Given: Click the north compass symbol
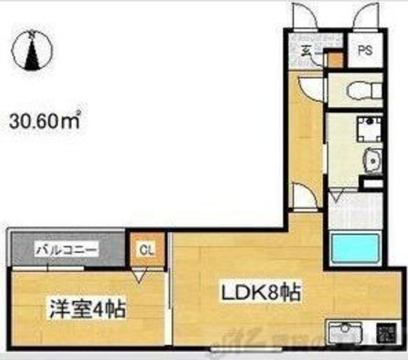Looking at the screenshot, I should [x=31, y=51].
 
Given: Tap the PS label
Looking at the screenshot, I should [x=366, y=50].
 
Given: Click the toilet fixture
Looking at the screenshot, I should [x=354, y=88].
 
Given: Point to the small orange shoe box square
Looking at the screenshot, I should [x=333, y=59].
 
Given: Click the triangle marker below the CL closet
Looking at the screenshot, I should [x=141, y=276].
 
